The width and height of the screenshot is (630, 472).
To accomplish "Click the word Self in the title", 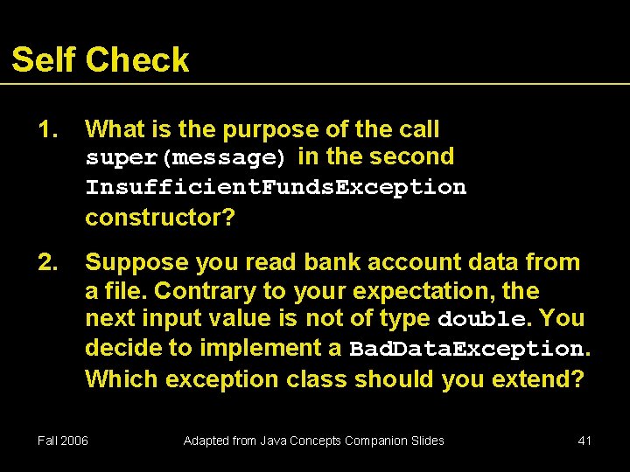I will (x=44, y=59).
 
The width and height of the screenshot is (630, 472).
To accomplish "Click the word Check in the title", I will (x=137, y=59).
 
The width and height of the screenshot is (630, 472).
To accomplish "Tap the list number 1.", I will (x=48, y=129).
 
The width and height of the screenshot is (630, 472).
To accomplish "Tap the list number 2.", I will (x=48, y=262).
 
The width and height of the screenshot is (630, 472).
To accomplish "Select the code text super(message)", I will (x=185, y=158).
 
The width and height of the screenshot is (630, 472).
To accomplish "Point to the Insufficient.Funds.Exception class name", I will (x=276, y=188).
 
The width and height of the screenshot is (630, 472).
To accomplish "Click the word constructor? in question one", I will (x=160, y=217).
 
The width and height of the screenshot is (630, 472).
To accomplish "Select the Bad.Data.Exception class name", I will (x=466, y=349).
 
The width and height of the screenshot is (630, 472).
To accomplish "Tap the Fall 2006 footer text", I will (x=62, y=441).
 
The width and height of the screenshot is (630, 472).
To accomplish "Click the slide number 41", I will (x=584, y=441).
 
